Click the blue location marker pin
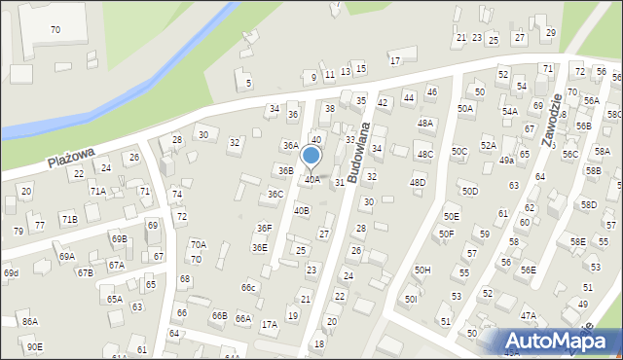(311, 156)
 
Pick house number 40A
(311, 179)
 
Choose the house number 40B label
(302, 210)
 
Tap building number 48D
(418, 182)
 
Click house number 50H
(421, 270)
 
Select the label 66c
(249, 287)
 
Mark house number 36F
(264, 228)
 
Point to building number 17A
(270, 324)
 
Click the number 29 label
(550, 33)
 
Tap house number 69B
(119, 238)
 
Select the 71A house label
(98, 191)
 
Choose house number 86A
(30, 321)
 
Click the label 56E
(527, 270)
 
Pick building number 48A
(425, 123)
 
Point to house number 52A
(488, 145)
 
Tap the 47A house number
(529, 315)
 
